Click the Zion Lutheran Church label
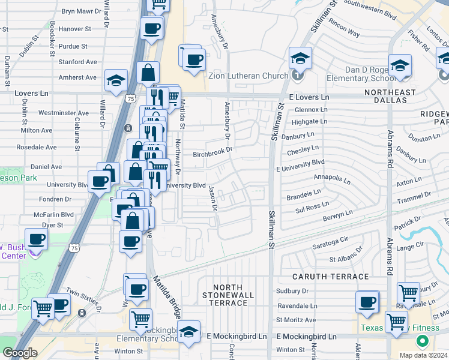pyautogui.click(x=249, y=76)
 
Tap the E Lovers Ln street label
pyautogui.click(x=309, y=97)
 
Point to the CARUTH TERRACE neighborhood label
pyautogui.click(x=330, y=277)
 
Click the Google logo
pyautogui.click(x=20, y=353)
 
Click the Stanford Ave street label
pyautogui.click(x=77, y=61)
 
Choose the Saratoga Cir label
pyautogui.click(x=330, y=247)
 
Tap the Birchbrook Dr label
pyautogui.click(x=212, y=154)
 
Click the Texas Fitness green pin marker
pyautogui.click(x=422, y=341)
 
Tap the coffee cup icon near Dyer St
pyautogui.click(x=37, y=239)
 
